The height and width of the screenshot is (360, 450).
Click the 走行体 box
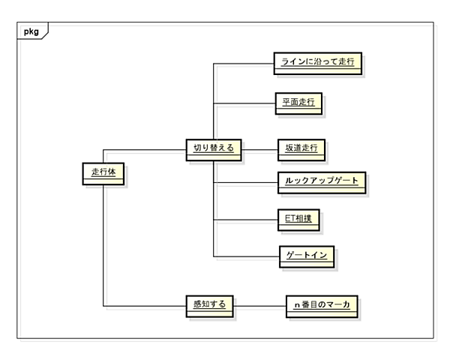click(103, 173)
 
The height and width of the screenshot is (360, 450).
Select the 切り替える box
click(212, 148)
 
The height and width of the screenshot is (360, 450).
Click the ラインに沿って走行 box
click(316, 64)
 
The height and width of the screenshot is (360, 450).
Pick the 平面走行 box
click(298, 103)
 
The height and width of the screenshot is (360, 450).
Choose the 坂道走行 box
click(300, 148)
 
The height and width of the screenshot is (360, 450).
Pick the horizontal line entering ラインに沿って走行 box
click(243, 64)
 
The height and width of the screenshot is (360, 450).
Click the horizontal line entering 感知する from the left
click(142, 305)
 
